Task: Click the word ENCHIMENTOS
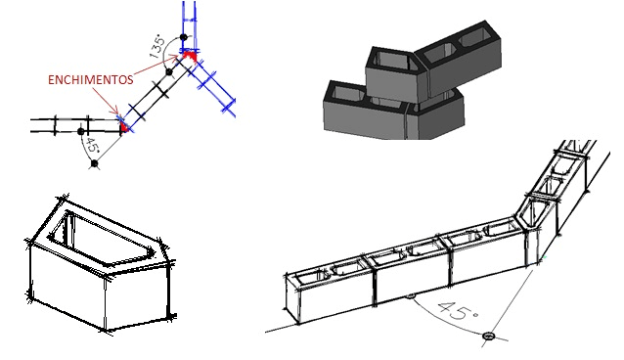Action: (90, 79)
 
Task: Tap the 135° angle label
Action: (157, 47)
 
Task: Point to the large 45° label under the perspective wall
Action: (458, 310)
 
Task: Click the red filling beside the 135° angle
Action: (190, 55)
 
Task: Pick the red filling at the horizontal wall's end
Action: (125, 127)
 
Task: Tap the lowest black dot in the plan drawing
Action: (94, 163)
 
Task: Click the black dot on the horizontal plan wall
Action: (81, 131)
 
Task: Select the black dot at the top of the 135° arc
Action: (184, 37)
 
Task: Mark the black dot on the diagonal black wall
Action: (169, 72)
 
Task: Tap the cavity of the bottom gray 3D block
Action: (347, 93)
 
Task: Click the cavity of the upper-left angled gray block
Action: (393, 60)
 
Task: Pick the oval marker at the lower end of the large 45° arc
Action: (489, 337)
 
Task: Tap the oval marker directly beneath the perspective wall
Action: (411, 295)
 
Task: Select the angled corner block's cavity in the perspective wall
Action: (530, 214)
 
